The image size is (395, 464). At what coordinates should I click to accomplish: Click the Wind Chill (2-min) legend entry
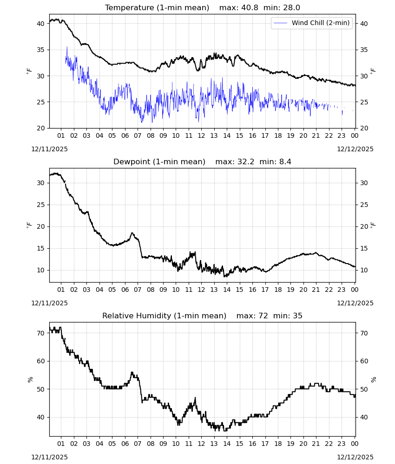point(312,23)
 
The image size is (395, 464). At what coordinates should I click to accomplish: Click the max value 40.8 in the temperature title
point(250,8)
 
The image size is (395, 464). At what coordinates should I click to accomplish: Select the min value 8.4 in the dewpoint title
point(285,162)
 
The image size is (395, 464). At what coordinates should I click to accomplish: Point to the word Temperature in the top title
point(130,8)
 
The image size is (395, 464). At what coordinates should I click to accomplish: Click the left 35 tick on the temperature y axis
point(40,50)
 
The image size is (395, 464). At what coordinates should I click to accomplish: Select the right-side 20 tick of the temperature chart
point(364,128)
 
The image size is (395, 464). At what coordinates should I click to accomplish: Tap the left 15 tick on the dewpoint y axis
point(40,248)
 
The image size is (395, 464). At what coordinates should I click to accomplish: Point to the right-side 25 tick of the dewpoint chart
point(364,205)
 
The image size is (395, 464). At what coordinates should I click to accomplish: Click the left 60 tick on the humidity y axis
point(40,361)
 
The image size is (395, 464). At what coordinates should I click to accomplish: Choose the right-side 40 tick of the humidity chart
point(364,417)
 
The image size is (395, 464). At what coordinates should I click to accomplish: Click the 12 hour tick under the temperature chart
point(201,135)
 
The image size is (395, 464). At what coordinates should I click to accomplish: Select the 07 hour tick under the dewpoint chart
point(138,290)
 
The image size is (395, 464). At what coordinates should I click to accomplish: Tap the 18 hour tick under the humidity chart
point(278,444)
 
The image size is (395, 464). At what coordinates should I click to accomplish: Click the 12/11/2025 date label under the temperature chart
point(49,149)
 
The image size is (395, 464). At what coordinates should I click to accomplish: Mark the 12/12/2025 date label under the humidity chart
point(355,457)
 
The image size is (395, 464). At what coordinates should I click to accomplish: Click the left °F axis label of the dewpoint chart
point(29,225)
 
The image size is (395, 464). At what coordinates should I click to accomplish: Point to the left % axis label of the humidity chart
point(30,380)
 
